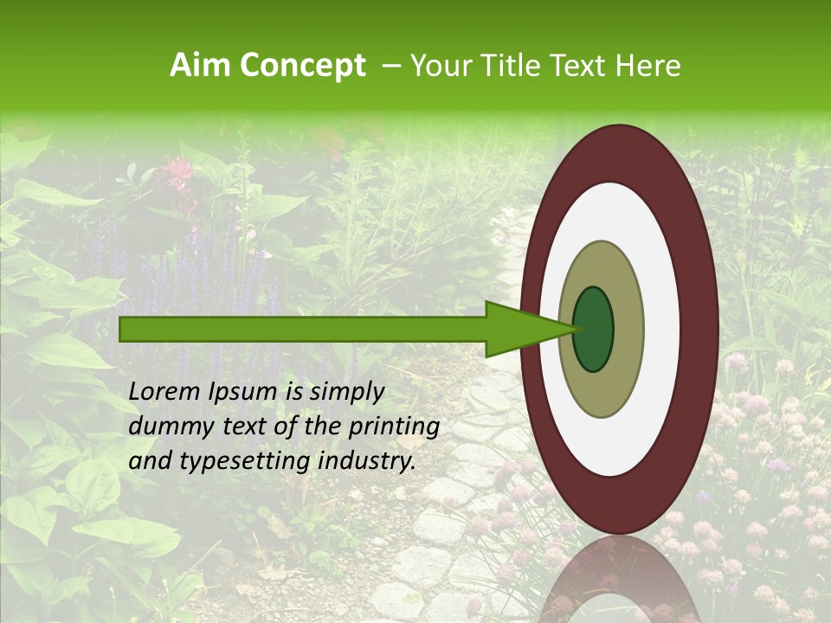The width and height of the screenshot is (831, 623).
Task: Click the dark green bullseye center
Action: [x=593, y=330]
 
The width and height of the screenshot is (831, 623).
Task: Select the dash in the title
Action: [x=390, y=66]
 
